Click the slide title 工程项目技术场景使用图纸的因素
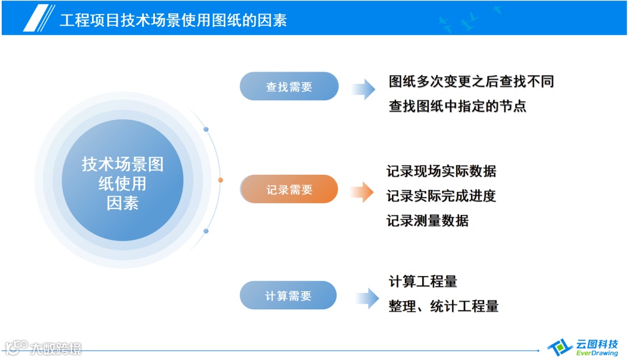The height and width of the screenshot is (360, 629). coord(173,20)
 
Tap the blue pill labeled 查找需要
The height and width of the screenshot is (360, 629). coord(289,87)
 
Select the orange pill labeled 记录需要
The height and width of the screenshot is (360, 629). coord(289,189)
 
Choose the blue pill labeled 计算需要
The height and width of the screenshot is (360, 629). coord(288,295)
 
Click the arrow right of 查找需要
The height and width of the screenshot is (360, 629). coord(363,88)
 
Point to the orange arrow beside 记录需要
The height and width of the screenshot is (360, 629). coord(362,191)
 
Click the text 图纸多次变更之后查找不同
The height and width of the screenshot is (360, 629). coord(471,81)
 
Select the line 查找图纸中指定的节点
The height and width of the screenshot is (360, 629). coord(457,106)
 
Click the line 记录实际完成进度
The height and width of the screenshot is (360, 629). coord(441,196)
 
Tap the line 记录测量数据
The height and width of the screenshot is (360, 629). coord(427,221)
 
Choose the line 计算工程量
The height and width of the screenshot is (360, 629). coord(423,281)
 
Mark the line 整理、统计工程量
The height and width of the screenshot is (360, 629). coord(443,306)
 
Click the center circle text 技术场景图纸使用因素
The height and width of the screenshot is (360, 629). coord(122,183)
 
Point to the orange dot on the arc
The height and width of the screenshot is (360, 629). coord(220,180)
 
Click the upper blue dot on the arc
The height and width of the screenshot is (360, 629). coord(206,129)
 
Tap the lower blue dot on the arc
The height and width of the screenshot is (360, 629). coord(206,231)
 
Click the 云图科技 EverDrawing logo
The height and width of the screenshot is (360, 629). coord(584,348)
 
